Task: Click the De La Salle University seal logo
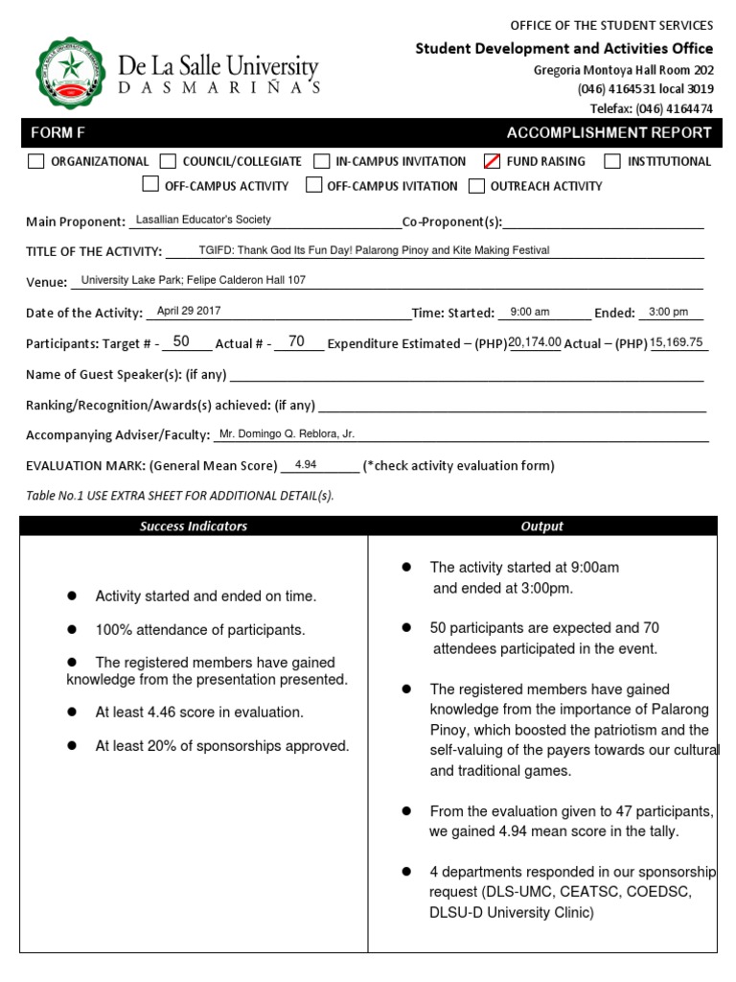(71, 73)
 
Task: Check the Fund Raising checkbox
(492, 161)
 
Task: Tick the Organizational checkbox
(36, 161)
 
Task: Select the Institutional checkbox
(612, 161)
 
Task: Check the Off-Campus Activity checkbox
(150, 185)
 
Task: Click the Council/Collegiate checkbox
(168, 161)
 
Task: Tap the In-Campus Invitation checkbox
(322, 161)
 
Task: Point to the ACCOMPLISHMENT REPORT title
(609, 133)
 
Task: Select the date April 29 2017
(188, 311)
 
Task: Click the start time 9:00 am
(530, 312)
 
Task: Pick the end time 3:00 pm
(668, 312)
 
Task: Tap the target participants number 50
(181, 341)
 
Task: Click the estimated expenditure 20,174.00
(535, 341)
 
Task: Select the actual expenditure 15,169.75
(677, 341)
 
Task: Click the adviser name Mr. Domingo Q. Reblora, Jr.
(287, 433)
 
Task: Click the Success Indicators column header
(194, 526)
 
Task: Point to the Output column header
(541, 526)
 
